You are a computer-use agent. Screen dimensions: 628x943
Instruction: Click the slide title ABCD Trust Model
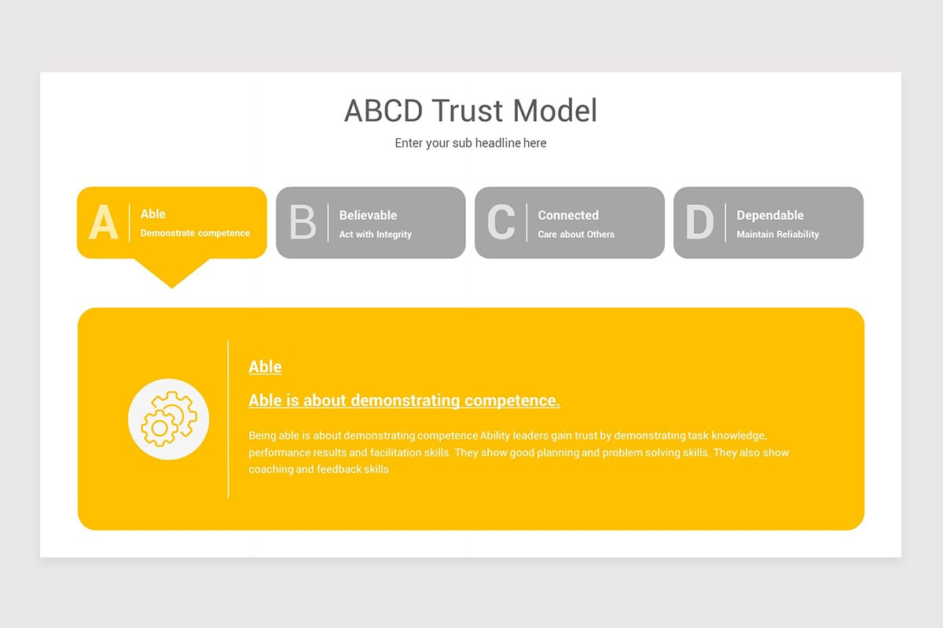(471, 111)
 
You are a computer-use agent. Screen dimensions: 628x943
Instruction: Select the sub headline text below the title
(471, 143)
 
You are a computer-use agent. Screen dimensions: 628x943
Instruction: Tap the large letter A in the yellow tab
(104, 223)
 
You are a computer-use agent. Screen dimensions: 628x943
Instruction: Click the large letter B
(303, 223)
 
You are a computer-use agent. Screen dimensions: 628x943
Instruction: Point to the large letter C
(501, 223)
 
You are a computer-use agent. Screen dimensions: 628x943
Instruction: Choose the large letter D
(699, 223)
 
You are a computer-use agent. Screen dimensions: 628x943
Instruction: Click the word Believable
(368, 215)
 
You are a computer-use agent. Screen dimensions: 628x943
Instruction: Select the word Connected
(568, 215)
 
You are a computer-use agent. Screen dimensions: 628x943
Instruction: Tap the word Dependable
(770, 215)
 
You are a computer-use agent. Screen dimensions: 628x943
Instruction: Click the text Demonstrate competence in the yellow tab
(195, 233)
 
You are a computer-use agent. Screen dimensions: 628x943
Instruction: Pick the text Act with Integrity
(376, 234)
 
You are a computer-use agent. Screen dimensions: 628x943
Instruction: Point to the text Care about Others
(576, 234)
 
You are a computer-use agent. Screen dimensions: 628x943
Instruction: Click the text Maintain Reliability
(778, 234)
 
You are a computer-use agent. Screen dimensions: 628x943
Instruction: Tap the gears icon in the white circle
(168, 419)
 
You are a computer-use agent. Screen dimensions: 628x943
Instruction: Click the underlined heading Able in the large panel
(265, 367)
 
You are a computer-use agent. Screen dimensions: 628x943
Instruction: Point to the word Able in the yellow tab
(153, 214)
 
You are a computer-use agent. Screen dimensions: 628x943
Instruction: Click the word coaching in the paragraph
(270, 469)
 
